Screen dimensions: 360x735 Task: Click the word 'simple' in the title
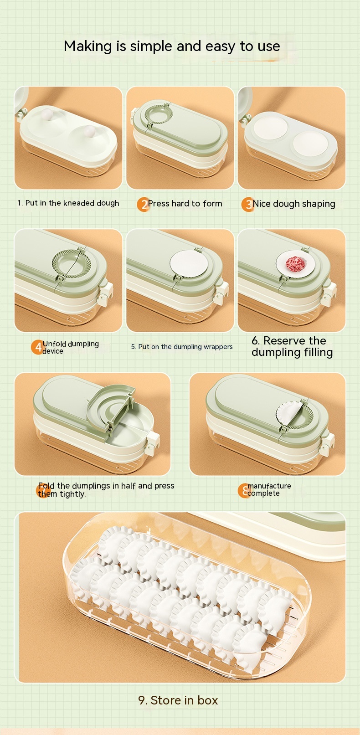(150, 46)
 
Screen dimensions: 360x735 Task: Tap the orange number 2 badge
(144, 204)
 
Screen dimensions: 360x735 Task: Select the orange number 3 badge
(248, 204)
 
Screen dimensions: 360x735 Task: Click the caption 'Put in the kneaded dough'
(72, 203)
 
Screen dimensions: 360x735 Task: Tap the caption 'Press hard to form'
(185, 203)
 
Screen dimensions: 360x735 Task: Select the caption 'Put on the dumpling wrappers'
(185, 347)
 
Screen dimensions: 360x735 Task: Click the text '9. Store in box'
(178, 700)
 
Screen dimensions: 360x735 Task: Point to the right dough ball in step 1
(89, 131)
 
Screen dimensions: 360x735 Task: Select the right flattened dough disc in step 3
(310, 144)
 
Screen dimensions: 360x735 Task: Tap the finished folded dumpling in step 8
(289, 415)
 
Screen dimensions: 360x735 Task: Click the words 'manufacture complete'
(269, 489)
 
